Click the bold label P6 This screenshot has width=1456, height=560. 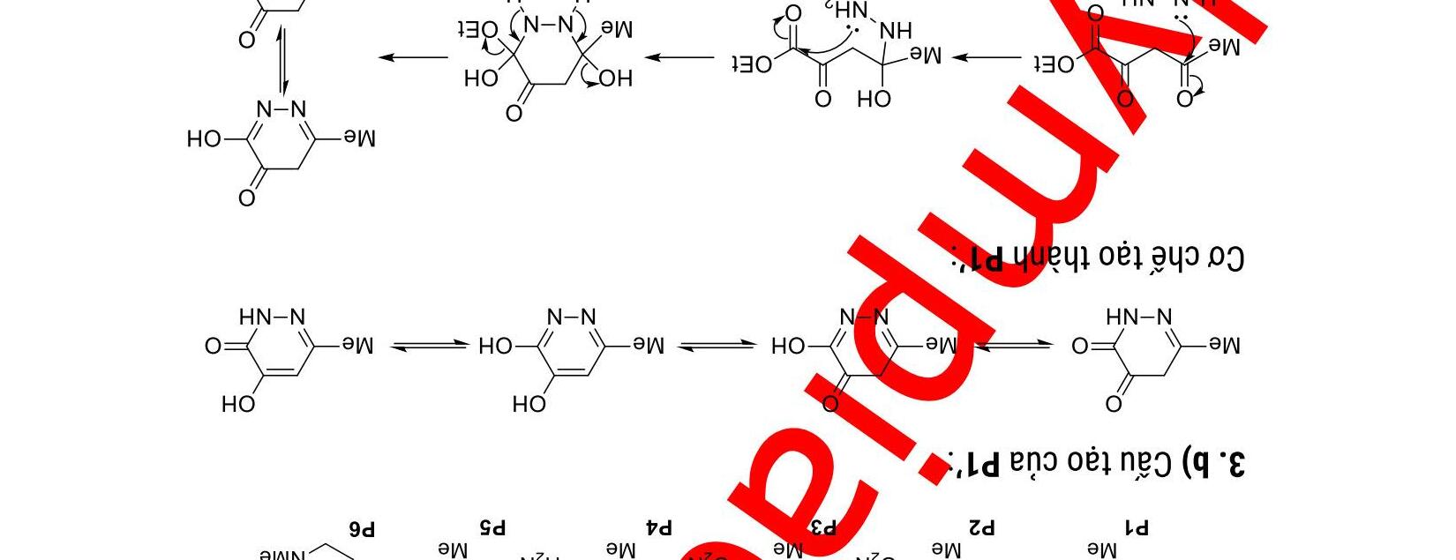tap(362, 528)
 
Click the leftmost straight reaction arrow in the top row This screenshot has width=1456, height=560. tap(413, 58)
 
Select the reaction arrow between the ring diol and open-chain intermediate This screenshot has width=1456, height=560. tap(679, 58)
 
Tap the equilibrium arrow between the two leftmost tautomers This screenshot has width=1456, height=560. tap(429, 346)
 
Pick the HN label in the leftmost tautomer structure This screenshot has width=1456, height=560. tap(254, 317)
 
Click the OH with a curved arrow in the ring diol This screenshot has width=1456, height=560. tap(615, 78)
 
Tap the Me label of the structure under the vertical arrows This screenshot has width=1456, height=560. tap(359, 138)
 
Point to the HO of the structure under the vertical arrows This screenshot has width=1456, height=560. tap(203, 138)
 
